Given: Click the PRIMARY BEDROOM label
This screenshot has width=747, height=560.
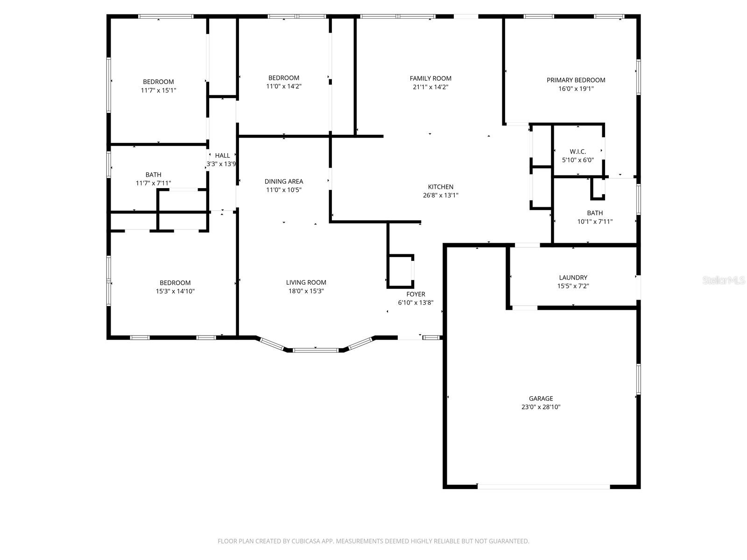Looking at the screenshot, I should coord(576,80).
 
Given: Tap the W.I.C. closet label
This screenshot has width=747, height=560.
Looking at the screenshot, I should coord(578,152).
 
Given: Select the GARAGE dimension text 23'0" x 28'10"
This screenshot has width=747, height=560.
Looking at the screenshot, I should coord(541,407).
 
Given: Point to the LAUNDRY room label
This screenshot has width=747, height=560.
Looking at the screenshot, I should coord(573,278).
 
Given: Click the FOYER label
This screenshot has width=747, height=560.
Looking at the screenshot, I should coord(416,294).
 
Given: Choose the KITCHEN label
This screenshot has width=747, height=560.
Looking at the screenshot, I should coord(441,187).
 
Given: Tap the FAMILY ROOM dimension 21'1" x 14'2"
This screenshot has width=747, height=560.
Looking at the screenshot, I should coord(430,87).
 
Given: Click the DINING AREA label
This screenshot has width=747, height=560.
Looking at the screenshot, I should coord(284,182).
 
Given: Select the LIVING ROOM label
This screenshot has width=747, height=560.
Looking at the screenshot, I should coord(306,282).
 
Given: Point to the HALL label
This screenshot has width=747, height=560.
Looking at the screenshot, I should coord(222,155).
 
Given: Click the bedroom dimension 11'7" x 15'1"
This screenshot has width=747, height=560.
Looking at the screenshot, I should coord(158,90).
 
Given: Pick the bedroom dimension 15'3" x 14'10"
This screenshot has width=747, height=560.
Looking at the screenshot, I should coord(175,291).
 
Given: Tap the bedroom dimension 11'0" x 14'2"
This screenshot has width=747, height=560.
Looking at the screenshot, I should coord(283,86).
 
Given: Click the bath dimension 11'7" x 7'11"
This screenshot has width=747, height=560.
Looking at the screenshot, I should coord(153,183).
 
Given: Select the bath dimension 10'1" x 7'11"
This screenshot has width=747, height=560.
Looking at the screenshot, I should coord(595,222).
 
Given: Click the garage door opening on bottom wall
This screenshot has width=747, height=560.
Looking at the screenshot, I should coord(543,486).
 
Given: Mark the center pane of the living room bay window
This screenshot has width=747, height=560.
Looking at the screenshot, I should coord(316,350).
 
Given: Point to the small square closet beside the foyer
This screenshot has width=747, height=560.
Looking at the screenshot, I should coord(400,271).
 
